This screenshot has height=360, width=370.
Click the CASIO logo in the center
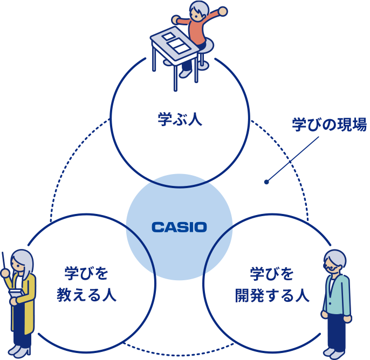pos(179,227)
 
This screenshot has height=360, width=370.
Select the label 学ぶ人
pos(180,119)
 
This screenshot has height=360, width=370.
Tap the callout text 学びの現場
pos(329,125)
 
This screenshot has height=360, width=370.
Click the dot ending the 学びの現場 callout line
pos(266,182)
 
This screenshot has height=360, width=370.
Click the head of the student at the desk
pos(199,10)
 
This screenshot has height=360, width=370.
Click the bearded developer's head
pos(334,262)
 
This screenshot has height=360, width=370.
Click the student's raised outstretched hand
pos(222,11)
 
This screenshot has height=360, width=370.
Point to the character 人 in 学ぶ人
pos(195,119)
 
